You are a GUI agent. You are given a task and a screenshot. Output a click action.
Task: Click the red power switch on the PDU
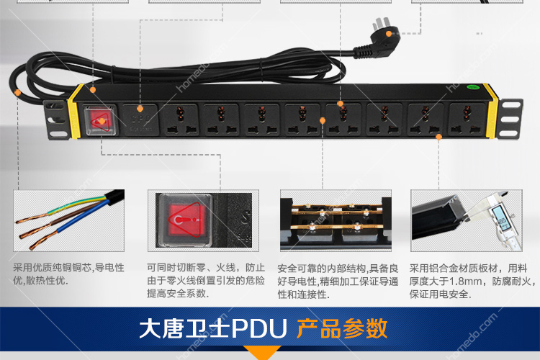point(100,121)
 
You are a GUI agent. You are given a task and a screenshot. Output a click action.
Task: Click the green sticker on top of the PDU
point(473,87)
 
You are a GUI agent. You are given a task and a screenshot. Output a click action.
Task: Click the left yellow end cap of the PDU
point(76,112)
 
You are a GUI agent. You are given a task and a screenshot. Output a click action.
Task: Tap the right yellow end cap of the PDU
point(491,110)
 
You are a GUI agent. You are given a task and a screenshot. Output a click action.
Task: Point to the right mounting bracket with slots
point(509,119)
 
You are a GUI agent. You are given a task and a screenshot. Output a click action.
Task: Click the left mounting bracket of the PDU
point(56,120)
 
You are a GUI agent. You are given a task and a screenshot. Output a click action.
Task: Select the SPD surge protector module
point(140,120)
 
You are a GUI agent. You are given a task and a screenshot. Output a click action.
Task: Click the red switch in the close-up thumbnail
point(185,220)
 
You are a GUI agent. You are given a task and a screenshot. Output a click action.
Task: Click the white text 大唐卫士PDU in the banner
point(213,328)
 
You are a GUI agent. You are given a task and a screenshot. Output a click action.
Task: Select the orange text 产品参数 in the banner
point(341,328)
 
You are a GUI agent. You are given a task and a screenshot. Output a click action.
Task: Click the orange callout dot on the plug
point(389,34)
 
